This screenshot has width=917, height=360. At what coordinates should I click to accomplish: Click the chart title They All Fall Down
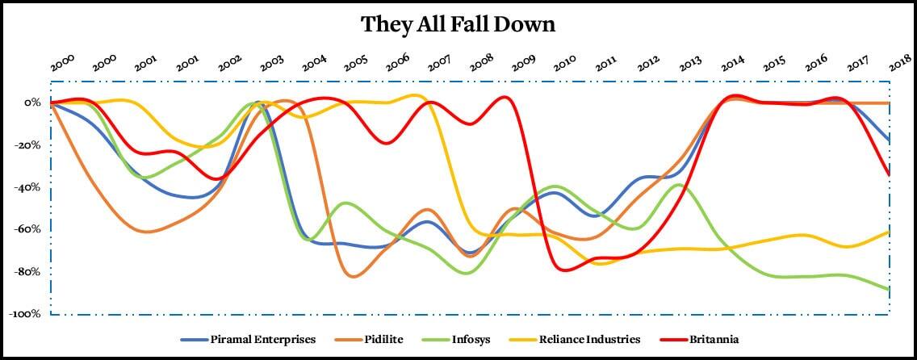(458, 24)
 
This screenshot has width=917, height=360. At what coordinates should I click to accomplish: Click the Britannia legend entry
(709, 340)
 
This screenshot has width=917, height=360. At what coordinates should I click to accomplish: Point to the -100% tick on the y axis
(25, 314)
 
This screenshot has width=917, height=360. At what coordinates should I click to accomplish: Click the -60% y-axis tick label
(27, 229)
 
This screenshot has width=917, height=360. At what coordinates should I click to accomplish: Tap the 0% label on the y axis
(32, 103)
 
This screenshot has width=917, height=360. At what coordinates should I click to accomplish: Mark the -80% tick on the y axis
(27, 271)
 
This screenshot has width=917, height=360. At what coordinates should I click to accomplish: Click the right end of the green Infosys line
(889, 289)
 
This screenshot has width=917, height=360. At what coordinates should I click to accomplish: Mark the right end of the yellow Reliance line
(889, 232)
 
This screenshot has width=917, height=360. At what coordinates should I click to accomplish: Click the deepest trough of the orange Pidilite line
(353, 277)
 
